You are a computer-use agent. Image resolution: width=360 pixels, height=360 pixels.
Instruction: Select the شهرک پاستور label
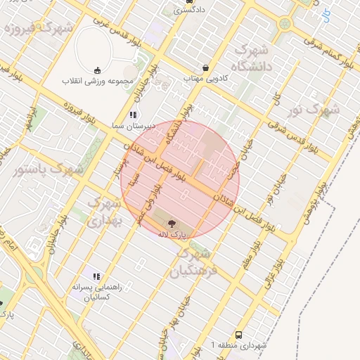coord(48,169)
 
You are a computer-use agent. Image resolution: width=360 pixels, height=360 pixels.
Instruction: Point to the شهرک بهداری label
coord(104,212)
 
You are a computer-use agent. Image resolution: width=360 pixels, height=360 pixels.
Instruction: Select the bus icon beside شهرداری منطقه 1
coord(239,335)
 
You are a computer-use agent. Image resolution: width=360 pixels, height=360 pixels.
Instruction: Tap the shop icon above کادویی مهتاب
coord(205,68)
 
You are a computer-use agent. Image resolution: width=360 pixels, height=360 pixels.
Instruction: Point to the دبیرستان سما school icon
coord(132,115)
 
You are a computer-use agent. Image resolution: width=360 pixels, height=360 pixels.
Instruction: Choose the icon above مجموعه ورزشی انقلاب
coord(97,70)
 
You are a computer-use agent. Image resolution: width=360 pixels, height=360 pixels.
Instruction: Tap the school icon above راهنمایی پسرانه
coord(96,277)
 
